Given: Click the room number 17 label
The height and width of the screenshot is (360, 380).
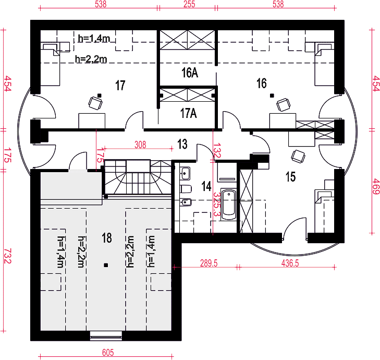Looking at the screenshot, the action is [120, 85].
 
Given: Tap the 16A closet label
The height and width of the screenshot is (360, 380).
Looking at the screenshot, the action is [190, 73].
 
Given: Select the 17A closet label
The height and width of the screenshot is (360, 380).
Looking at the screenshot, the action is [189, 113].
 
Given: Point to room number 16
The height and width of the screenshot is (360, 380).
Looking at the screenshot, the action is [262, 83].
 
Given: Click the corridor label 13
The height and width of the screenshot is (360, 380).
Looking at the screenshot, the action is [182, 144].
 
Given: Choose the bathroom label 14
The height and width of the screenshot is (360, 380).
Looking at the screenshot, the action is [206, 186].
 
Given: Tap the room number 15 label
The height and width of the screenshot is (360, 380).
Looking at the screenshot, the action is [290, 176].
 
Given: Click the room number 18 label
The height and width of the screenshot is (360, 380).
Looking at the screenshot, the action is [107, 238].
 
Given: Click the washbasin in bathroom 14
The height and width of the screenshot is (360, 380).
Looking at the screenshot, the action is [185, 173].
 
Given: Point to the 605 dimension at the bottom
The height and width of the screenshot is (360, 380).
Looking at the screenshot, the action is [108, 352].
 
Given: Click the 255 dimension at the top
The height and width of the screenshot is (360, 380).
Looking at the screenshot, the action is [189, 4].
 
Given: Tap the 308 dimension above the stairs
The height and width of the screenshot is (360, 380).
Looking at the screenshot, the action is [140, 145].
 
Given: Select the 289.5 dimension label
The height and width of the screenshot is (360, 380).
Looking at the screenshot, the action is [209, 263].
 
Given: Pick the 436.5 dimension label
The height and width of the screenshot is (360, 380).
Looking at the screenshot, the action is [290, 263].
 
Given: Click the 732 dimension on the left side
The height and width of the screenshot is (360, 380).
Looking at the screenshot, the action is [7, 256].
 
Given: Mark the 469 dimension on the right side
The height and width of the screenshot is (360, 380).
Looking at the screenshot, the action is [375, 186].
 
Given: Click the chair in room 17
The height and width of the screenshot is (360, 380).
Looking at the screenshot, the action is [95, 103].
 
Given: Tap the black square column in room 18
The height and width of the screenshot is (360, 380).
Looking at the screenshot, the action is [106, 266].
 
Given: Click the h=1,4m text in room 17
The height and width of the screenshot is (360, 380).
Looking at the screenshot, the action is [94, 38].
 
